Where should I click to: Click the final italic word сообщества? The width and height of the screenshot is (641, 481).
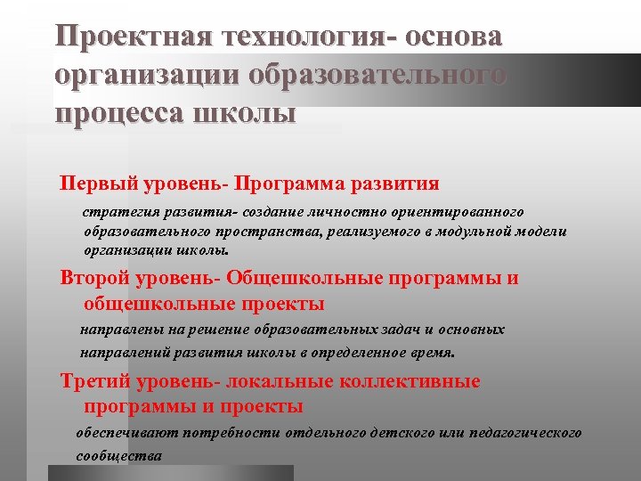tap(118, 455)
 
